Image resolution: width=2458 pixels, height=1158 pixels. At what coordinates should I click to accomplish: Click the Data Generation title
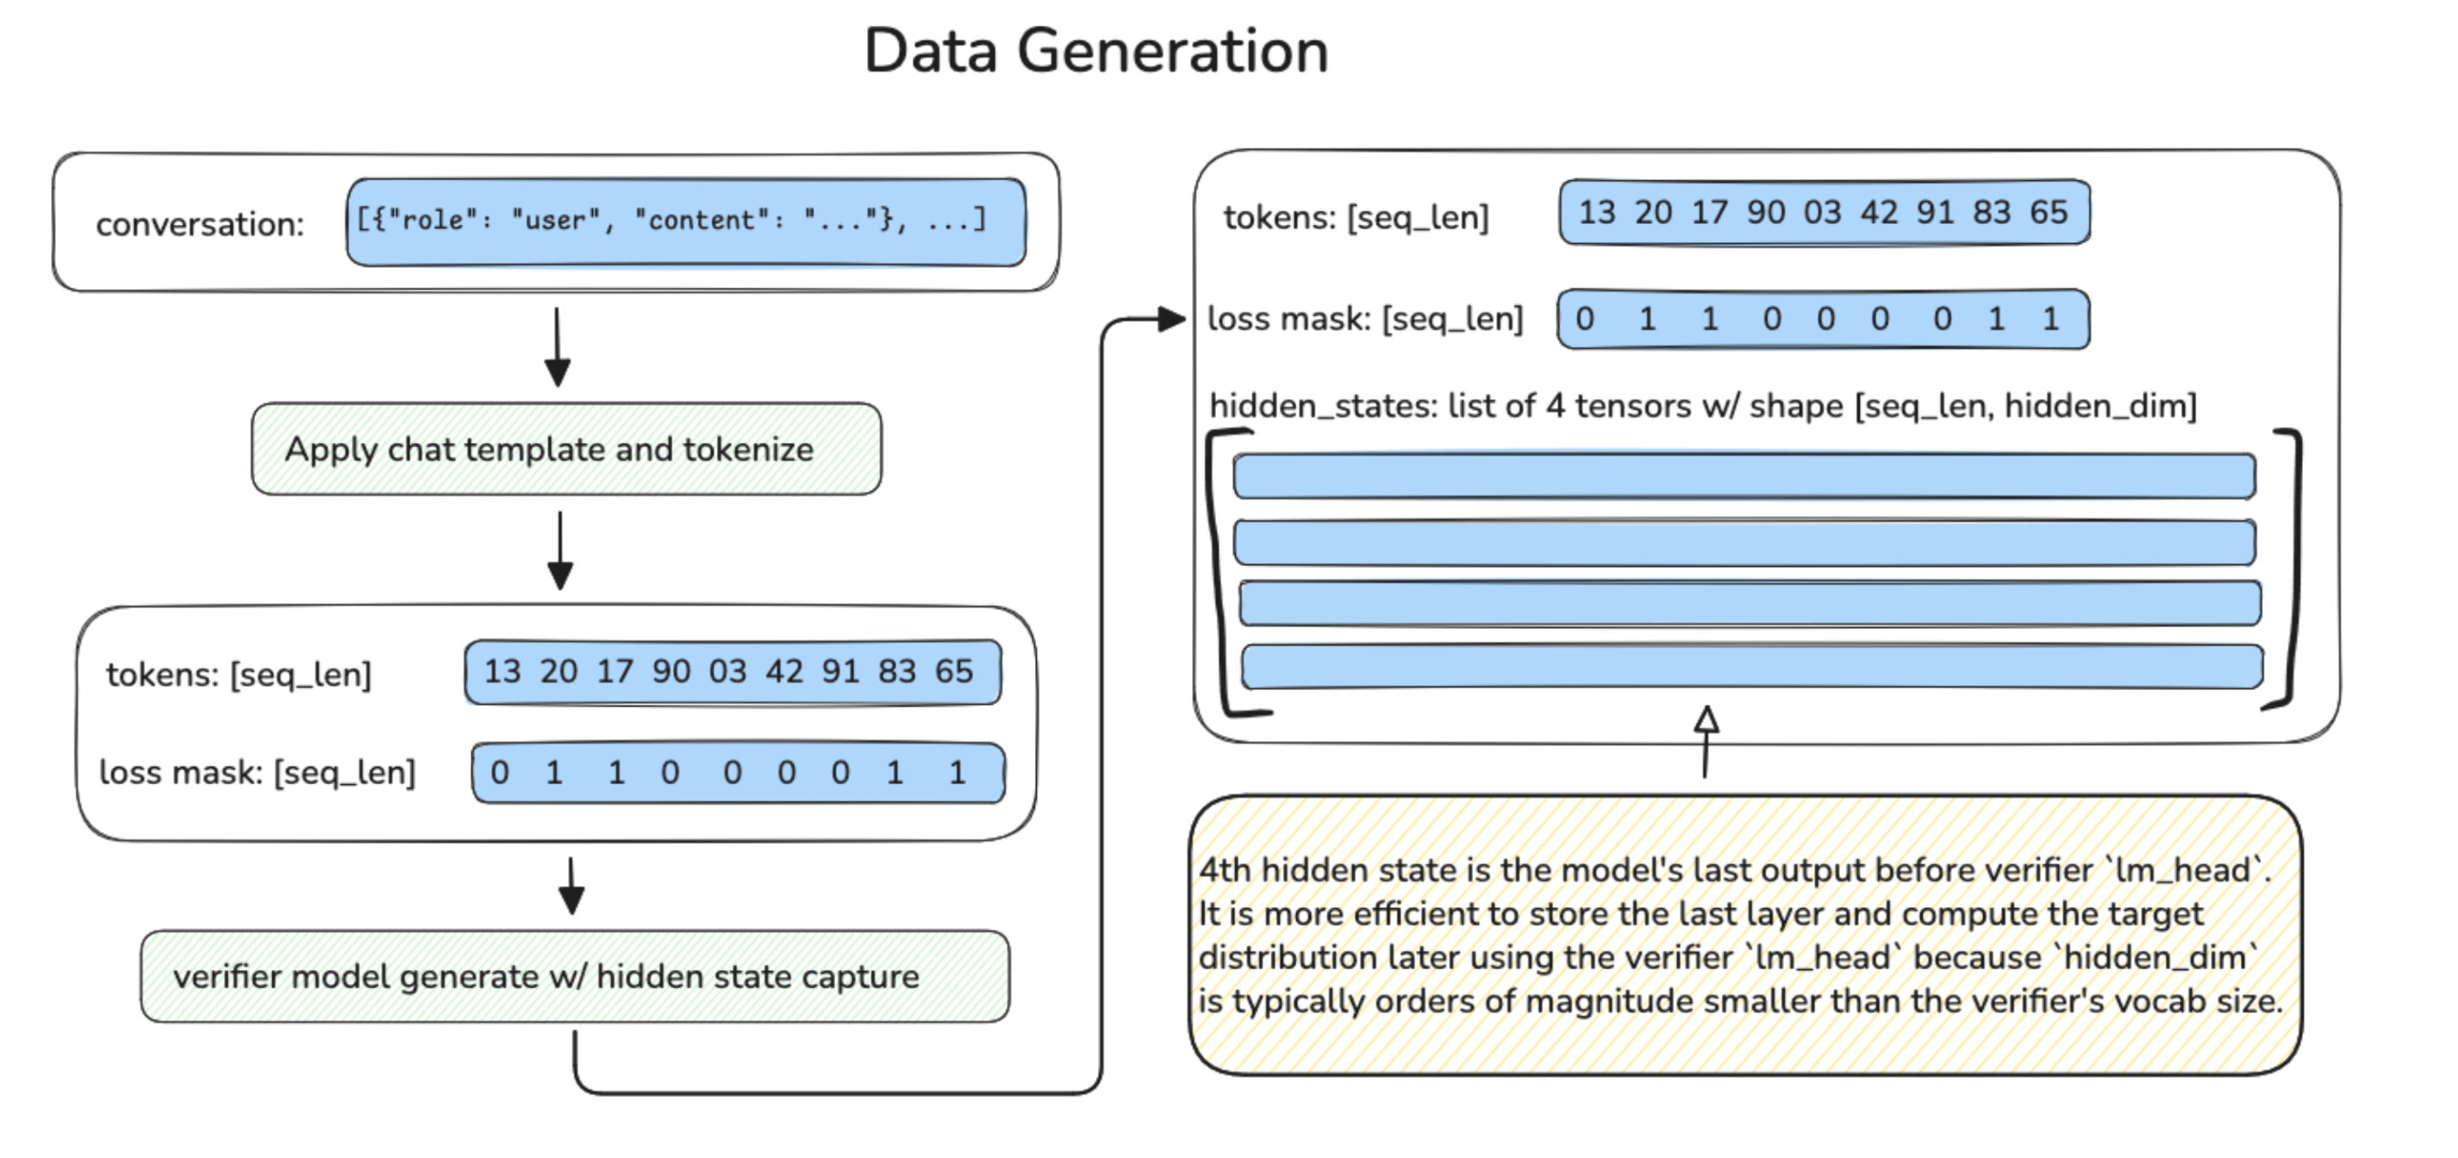[x=1095, y=52]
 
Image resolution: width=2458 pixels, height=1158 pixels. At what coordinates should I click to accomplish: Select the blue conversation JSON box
[x=685, y=222]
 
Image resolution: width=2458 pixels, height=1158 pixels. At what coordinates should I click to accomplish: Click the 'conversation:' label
[x=199, y=225]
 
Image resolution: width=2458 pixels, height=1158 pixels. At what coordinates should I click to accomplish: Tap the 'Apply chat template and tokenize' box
[x=566, y=449]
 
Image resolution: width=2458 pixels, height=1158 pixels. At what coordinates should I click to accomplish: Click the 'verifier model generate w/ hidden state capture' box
[x=573, y=977]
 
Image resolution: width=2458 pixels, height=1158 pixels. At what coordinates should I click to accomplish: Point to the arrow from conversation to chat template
[x=558, y=347]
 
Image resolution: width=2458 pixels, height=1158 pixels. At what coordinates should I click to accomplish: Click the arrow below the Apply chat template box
[x=560, y=551]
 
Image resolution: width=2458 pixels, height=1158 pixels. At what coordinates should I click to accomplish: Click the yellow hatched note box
[x=1744, y=935]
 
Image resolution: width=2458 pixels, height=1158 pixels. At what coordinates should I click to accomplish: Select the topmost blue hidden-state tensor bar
[x=1744, y=476]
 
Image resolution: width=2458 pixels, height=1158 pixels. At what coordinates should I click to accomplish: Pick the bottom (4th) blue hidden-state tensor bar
[x=1751, y=667]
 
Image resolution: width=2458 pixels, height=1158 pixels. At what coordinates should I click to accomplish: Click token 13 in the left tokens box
[x=502, y=671]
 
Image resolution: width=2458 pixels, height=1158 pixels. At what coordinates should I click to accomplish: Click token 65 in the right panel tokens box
[x=2048, y=212]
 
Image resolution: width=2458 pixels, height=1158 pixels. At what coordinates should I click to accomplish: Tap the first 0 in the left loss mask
[x=499, y=773]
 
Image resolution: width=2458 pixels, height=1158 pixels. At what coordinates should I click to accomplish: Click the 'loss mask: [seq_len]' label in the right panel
[x=1364, y=319]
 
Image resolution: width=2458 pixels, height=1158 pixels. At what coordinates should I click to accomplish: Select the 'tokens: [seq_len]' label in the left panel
[x=239, y=675]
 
